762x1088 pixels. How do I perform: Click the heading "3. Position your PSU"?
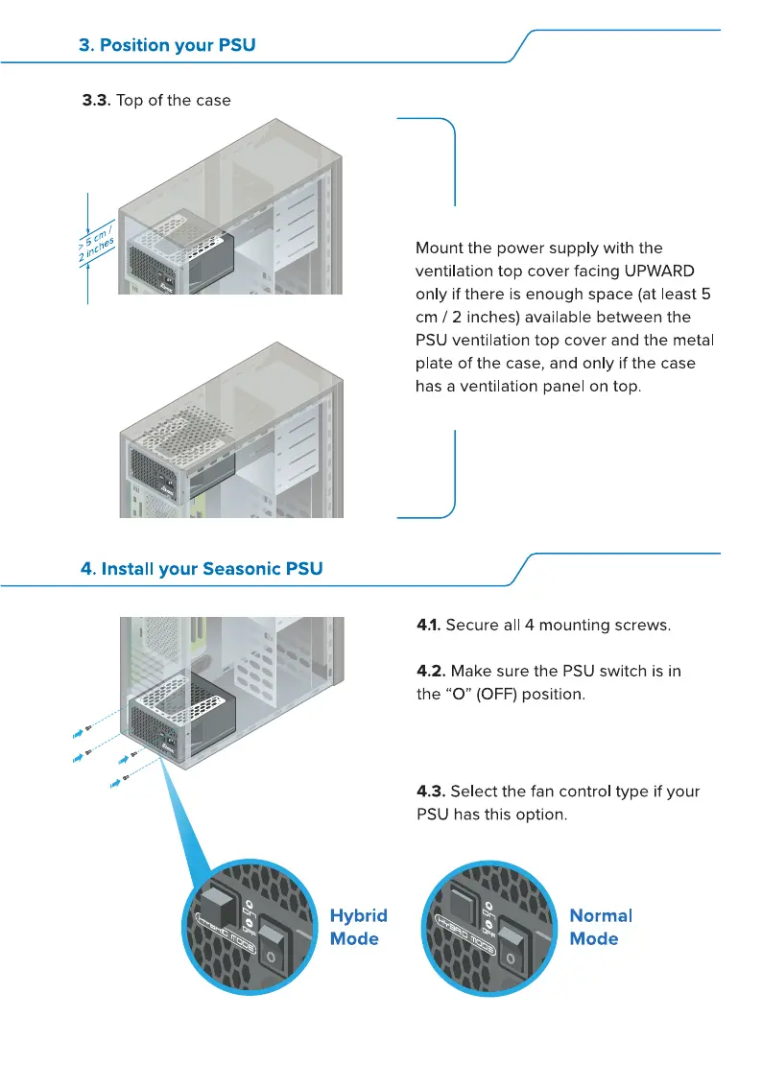[167, 45]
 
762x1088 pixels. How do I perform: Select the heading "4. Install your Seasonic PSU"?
[202, 569]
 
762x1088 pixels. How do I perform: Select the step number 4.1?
[428, 626]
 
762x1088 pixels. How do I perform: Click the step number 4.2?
[430, 671]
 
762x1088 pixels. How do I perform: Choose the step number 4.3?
[430, 792]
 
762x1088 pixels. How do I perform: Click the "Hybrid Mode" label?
[358, 927]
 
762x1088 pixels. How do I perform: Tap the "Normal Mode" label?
[601, 927]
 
